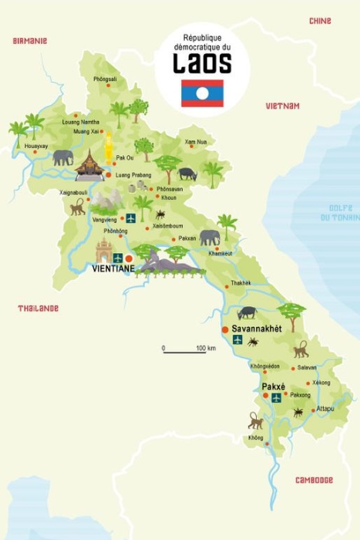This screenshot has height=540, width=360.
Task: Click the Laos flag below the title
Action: click(x=203, y=93)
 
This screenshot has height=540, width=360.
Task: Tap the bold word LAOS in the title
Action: click(x=203, y=62)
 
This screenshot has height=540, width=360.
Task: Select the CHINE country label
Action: click(x=320, y=21)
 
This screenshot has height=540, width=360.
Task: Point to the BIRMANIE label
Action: click(x=30, y=40)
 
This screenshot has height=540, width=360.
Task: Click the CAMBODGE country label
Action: click(x=314, y=480)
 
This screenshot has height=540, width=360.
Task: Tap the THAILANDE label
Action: click(x=38, y=309)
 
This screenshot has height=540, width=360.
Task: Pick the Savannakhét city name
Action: click(x=257, y=328)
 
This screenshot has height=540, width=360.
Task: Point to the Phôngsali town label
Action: click(x=106, y=79)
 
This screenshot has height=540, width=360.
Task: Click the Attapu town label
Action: click(x=325, y=409)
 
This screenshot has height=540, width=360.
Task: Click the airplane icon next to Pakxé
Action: click(x=276, y=398)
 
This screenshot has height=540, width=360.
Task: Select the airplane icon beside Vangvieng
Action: click(x=130, y=218)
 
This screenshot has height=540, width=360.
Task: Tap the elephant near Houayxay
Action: click(x=63, y=157)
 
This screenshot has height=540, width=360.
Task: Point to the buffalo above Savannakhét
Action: click(x=247, y=312)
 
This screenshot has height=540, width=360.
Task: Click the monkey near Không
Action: click(x=254, y=420)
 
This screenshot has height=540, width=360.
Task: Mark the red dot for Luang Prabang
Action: click(x=108, y=175)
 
